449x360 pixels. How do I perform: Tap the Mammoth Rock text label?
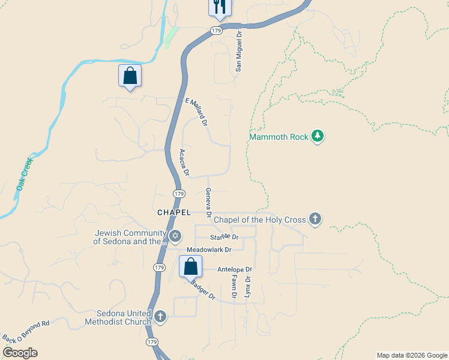click(279, 137)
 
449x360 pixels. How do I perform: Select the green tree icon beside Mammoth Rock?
click(318, 137)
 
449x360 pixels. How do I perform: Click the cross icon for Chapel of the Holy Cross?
click(315, 219)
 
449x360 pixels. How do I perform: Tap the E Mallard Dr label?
click(196, 112)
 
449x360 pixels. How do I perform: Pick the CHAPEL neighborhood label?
click(173, 212)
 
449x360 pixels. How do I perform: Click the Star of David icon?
click(175, 235)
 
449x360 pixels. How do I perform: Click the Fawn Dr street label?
click(234, 286)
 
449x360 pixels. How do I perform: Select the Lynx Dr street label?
click(247, 286)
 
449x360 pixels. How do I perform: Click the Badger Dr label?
click(203, 290)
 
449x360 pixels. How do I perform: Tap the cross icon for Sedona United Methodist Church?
click(160, 316)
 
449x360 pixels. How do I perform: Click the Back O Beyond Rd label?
click(26, 331)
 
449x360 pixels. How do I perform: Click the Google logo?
click(20, 353)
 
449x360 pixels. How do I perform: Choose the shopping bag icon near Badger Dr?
click(190, 265)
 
